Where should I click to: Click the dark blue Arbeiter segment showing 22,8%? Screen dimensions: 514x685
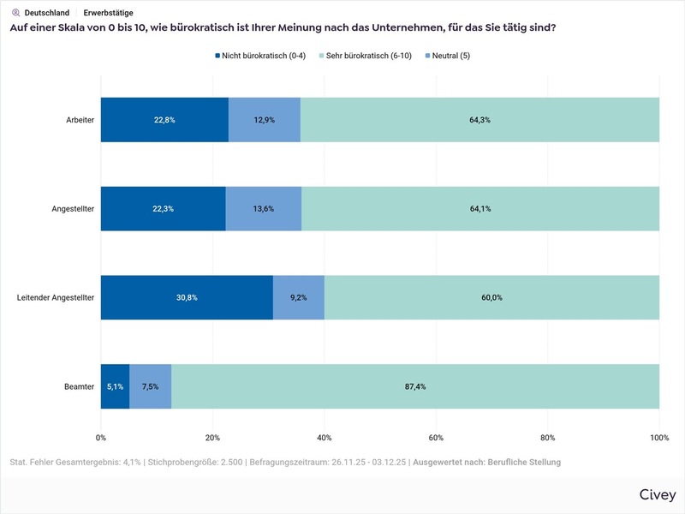point(164,120)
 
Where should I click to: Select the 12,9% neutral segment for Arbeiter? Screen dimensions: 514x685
point(265,120)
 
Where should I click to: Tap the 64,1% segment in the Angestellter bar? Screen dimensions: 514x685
point(479,209)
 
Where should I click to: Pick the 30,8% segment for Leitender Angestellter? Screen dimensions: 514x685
point(187,297)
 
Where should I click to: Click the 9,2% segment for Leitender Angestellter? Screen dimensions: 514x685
point(299,297)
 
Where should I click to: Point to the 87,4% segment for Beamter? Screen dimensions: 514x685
point(415,386)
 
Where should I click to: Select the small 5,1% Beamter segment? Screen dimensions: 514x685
point(115,386)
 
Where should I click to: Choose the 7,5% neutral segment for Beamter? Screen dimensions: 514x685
point(151,386)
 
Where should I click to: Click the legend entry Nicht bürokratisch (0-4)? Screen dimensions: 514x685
point(260,56)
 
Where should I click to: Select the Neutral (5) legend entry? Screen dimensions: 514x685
point(447,56)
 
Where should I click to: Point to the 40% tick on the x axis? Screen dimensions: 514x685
point(325,439)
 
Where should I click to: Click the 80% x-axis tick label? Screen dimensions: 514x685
point(548,439)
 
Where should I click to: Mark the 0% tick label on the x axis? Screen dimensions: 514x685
point(101,439)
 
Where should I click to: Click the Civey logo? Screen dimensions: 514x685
point(657,495)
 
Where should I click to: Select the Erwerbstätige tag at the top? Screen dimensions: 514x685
point(108,13)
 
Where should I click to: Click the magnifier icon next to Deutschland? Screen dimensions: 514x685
point(15,13)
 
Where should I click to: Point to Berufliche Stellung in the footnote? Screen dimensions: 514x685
point(523,463)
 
